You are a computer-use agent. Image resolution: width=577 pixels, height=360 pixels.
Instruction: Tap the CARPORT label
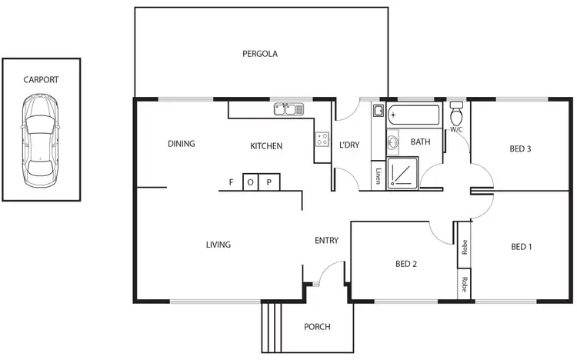tap(41, 79)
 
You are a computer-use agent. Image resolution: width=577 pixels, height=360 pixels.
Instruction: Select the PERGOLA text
tap(259, 54)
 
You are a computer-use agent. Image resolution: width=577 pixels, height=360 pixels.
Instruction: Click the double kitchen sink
tap(289, 109)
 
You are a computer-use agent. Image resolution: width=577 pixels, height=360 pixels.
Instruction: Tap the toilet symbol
tap(456, 115)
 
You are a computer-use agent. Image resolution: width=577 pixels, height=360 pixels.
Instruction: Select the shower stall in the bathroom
tap(402, 173)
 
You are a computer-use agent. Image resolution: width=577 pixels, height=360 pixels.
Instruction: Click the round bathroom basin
tap(392, 142)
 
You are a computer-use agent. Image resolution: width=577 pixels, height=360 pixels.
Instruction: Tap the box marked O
tap(252, 182)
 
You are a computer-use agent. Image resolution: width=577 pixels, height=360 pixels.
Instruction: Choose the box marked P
tap(270, 182)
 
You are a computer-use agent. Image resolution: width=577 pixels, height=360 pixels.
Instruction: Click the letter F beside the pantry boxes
tap(231, 182)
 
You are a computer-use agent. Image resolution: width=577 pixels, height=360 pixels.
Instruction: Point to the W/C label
tap(455, 129)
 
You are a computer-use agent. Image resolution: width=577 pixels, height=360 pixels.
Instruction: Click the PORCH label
tap(317, 327)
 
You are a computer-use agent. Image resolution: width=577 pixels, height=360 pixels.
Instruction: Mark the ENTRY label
tap(327, 241)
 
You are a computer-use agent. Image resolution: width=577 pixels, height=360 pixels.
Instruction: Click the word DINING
tap(182, 143)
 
